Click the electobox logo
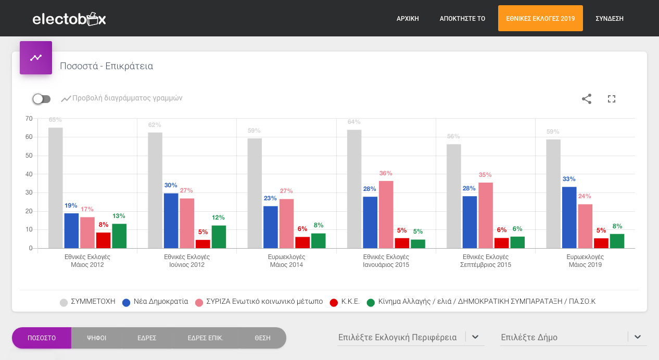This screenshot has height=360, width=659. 69,19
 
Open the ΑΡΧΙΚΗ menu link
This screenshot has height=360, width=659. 408,19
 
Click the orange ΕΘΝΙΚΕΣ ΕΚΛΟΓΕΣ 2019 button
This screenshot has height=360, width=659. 540,18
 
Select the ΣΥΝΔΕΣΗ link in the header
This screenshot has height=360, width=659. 609,19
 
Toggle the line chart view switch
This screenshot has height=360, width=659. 42,99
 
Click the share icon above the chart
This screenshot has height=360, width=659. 586,99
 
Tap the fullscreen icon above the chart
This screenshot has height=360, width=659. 611,99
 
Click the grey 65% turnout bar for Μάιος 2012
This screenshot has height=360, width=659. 56,188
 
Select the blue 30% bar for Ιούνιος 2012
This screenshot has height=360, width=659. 171,221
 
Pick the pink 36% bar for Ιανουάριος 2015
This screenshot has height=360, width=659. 386,214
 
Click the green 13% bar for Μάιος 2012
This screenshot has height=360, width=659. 119,236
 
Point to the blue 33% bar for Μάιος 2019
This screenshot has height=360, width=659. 569,217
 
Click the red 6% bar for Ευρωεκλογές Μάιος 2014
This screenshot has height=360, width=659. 302,242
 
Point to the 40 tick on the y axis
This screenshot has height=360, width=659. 29,174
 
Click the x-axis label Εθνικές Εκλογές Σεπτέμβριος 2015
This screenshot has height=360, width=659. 486,261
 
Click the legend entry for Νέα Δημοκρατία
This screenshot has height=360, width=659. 155,302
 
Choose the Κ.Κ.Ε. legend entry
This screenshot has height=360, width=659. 345,302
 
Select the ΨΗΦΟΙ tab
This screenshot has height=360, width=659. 96,338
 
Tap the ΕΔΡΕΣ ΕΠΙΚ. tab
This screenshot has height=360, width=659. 205,338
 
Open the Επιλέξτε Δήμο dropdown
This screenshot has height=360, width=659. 573,337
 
